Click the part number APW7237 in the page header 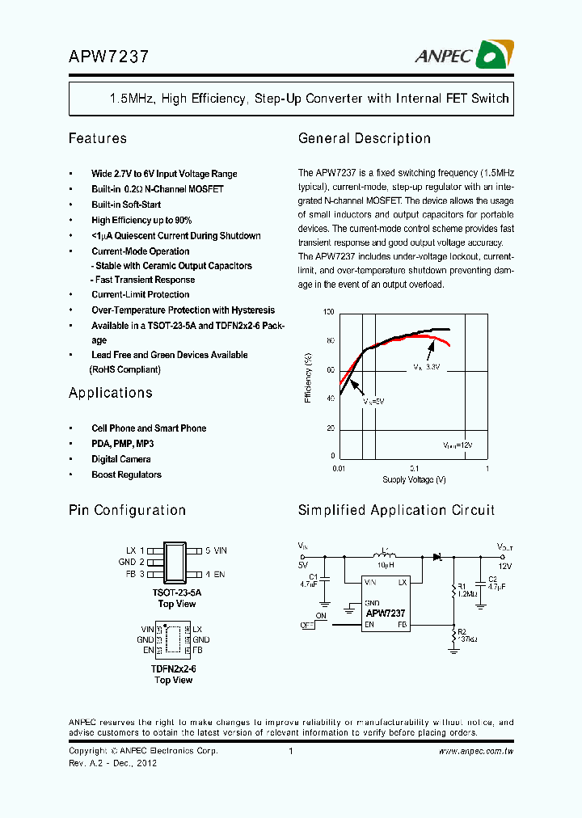tap(108, 57)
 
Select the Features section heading tap(98, 139)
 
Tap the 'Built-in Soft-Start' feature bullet tap(126, 204)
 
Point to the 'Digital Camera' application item tap(121, 459)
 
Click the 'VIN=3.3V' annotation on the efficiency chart tap(426, 367)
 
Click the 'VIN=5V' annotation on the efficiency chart tap(372, 401)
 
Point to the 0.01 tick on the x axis tap(339, 468)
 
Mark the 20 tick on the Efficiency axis tap(329, 428)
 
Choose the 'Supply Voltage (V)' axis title tap(414, 480)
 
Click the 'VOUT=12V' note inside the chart tap(458, 445)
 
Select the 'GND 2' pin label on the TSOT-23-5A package tap(131, 562)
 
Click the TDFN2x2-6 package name tap(173, 669)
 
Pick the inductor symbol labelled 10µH tap(385, 555)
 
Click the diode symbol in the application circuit tap(436, 556)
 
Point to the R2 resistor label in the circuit tap(461, 631)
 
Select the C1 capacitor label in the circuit tap(313, 577)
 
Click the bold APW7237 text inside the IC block tap(386, 613)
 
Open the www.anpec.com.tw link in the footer tap(476, 752)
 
